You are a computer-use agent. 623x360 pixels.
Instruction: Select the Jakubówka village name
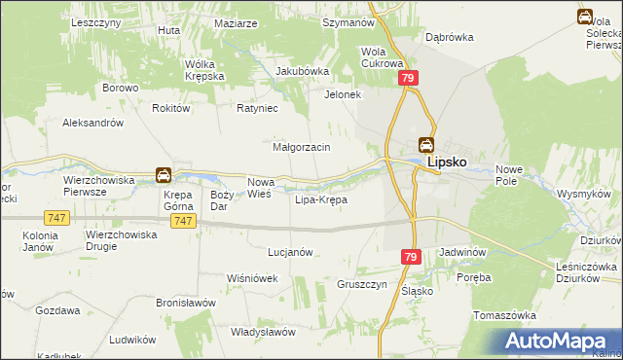tap(303, 71)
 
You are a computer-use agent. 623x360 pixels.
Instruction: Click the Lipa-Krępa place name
tap(320, 199)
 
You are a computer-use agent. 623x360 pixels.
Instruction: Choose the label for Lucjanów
tap(290, 251)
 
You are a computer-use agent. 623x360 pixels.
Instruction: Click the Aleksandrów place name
tap(92, 123)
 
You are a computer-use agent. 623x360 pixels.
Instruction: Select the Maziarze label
tap(236, 22)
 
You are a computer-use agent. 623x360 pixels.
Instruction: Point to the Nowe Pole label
tap(509, 175)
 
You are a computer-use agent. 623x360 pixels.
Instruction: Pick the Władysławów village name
tap(263, 332)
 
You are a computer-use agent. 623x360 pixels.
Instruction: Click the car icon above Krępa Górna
tap(164, 175)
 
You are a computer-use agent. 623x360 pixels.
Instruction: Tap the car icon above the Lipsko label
tap(426, 145)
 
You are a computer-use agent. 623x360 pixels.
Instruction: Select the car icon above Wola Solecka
tap(585, 17)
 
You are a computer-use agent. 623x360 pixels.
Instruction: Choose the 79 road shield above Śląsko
tap(411, 256)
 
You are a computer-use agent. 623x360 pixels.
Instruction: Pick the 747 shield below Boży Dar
tap(182, 222)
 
